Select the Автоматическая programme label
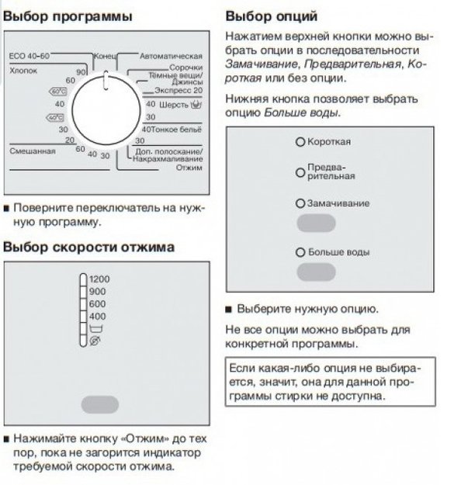coord(171,57)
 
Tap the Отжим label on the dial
coord(189,168)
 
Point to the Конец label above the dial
coord(105,57)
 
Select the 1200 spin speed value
coord(99,279)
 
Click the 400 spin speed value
coord(97,317)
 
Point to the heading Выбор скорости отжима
coord(88,247)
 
